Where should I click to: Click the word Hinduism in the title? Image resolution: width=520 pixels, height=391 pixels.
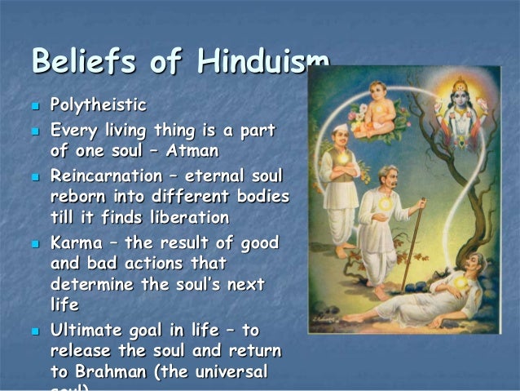coord(256,63)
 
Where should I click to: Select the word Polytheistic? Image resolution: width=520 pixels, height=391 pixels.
coord(99,105)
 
